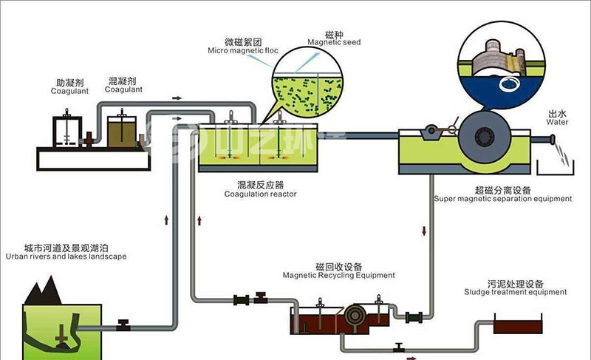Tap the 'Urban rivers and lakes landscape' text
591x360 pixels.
(x=65, y=257)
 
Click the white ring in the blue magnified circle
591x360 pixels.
(x=510, y=85)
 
